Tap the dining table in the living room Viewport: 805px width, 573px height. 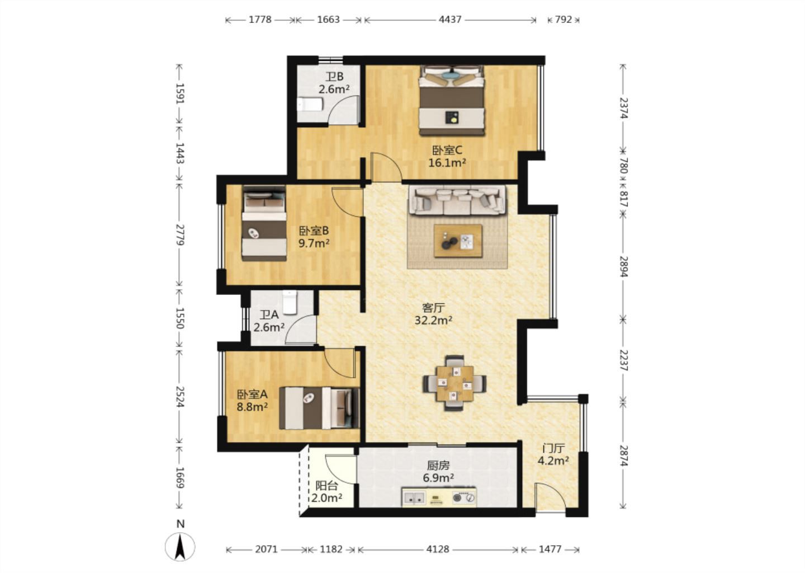[x=454, y=383]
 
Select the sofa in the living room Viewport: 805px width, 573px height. [x=457, y=201]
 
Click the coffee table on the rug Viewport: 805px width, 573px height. [x=458, y=241]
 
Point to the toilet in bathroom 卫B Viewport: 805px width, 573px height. [x=310, y=104]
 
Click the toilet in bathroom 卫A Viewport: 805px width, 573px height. [x=290, y=303]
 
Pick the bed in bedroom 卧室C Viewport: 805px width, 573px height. [x=452, y=101]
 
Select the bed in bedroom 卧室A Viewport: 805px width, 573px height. [x=320, y=408]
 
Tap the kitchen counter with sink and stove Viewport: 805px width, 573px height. [x=439, y=497]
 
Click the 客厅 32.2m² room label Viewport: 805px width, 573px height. [x=433, y=314]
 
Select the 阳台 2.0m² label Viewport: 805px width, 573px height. [x=326, y=492]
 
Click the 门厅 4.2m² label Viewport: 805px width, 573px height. [x=553, y=455]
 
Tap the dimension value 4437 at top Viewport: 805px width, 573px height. [x=450, y=20]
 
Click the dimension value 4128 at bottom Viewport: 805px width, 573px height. [x=438, y=549]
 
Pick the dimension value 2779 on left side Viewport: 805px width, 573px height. [x=180, y=235]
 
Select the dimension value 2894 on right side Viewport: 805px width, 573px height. [x=623, y=266]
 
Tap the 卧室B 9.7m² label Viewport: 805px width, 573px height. [x=314, y=237]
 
